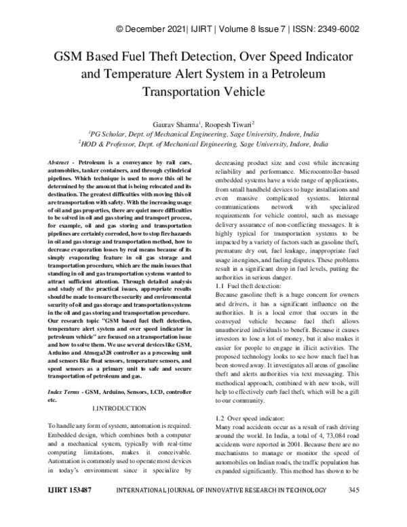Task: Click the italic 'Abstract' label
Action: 60,165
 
